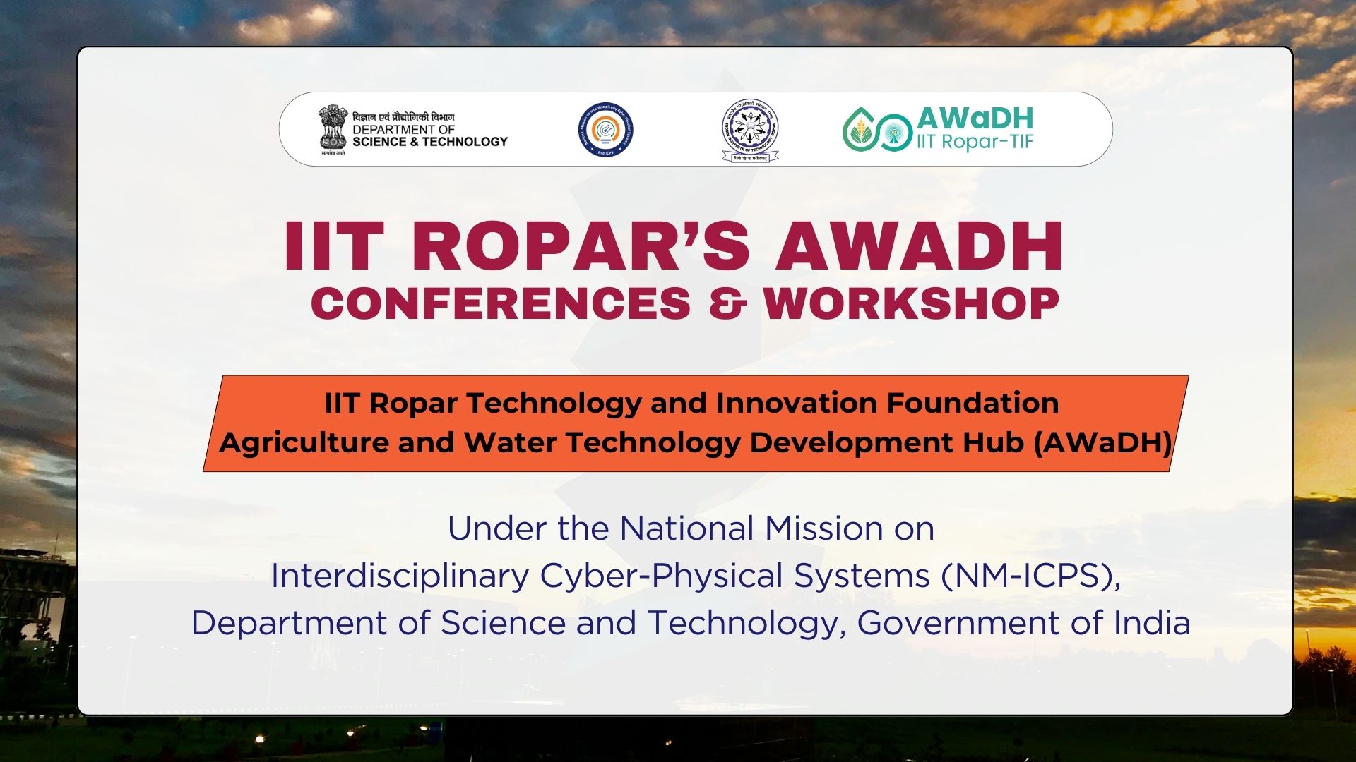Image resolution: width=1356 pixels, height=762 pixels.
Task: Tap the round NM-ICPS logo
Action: tap(605, 130)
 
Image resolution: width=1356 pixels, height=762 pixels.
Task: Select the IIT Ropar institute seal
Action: tap(750, 130)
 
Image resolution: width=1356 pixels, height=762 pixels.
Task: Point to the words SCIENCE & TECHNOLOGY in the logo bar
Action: tap(429, 142)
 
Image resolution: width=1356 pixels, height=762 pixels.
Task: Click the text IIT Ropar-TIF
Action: tap(975, 142)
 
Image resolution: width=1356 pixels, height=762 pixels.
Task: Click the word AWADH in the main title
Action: tap(919, 246)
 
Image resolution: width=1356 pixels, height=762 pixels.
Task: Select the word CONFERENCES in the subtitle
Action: tap(501, 304)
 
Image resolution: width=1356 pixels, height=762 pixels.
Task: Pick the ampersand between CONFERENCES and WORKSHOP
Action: tap(727, 304)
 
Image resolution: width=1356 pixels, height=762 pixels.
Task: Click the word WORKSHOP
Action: tap(911, 304)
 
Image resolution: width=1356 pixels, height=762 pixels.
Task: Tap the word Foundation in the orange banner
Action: tap(973, 403)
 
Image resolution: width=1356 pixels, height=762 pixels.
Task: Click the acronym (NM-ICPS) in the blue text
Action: tap(1030, 576)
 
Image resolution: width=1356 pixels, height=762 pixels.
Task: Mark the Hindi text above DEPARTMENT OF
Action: tap(403, 117)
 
